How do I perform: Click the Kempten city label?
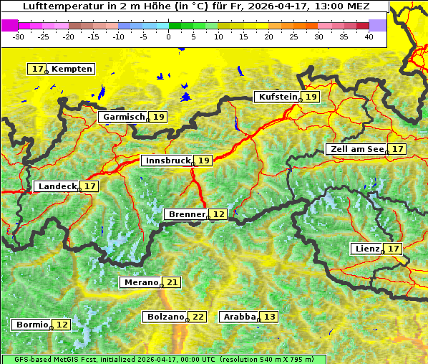[72, 69]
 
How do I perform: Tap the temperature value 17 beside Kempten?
[37, 69]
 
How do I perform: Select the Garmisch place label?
[123, 117]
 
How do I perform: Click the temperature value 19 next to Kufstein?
[310, 97]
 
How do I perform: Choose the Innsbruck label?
[167, 161]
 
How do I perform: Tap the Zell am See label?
[355, 149]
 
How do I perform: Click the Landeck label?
[57, 186]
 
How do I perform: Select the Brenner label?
[186, 214]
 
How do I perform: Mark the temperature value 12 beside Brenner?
[218, 214]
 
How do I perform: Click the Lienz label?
[366, 249]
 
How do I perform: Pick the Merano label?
[140, 282]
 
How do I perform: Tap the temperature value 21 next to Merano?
[172, 282]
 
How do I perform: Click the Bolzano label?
[165, 317]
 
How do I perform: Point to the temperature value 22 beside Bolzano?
[198, 317]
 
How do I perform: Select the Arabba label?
[239, 317]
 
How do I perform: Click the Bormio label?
[31, 325]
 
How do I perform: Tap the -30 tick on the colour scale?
[19, 36]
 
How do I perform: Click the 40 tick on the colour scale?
[369, 36]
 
